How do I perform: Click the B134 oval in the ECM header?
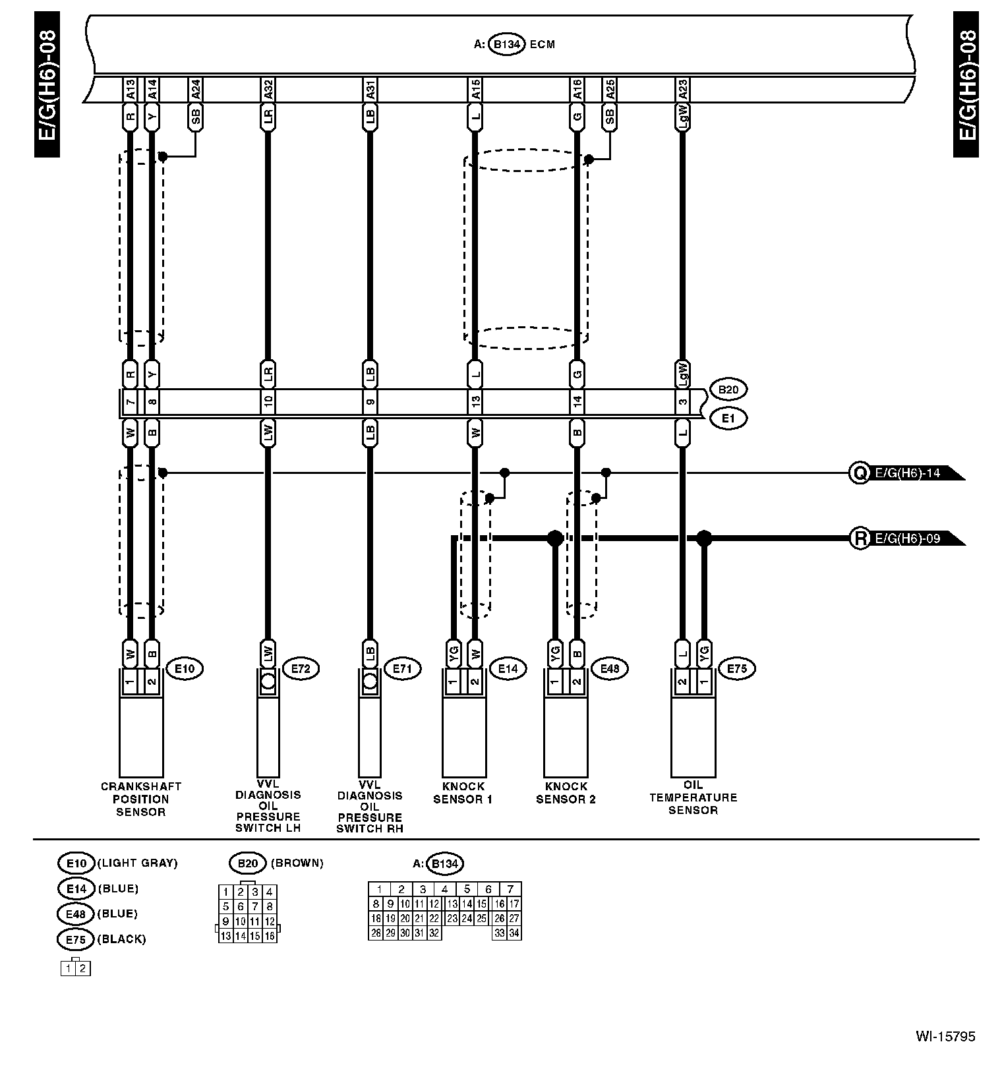pos(506,45)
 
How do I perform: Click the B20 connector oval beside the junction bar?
pos(728,390)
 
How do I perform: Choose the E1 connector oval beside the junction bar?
pos(728,418)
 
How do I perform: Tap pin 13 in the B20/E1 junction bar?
pos(475,401)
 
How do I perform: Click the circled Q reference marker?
pos(860,473)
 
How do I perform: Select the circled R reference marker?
pos(860,539)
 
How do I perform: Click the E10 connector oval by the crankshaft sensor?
pos(185,668)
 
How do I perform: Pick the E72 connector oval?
pos(300,668)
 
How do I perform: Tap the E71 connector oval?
pos(402,668)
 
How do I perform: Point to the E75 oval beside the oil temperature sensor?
pos(736,668)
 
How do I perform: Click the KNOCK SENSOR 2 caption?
pos(566,793)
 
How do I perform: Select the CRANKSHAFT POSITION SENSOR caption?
pos(140,799)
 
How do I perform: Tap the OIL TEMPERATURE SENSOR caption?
pos(693,797)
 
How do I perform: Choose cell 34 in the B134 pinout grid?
pos(514,933)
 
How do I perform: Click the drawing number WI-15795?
pos(945,1036)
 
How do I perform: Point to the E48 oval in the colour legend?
pos(76,914)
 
